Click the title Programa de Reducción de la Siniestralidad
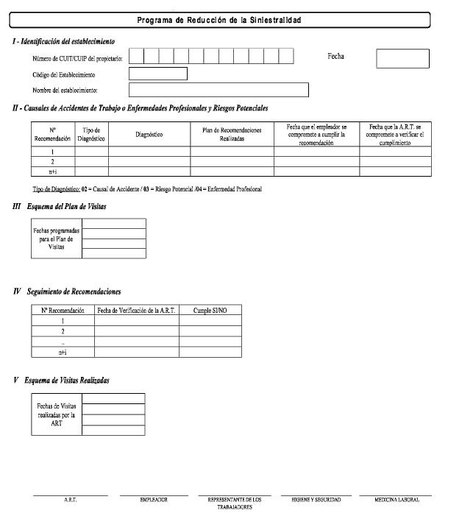219,20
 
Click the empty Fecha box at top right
402,58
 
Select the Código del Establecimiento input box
157,74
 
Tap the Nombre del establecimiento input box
218,90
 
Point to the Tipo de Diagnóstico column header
92,134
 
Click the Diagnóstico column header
149,134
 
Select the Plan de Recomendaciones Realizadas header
232,134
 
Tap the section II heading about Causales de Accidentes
140,108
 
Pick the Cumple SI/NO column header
210,311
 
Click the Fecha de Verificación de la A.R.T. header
136,311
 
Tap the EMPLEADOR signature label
154,500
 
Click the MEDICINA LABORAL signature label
397,500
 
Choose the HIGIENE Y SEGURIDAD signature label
317,500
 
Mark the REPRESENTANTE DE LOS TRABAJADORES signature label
235,503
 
